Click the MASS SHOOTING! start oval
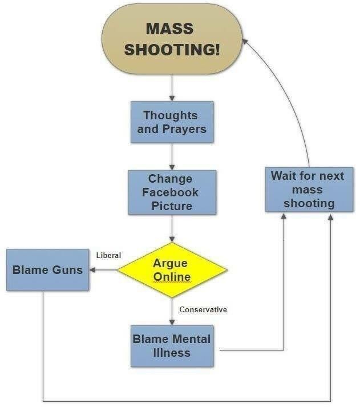tap(171, 39)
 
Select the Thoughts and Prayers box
tap(171, 122)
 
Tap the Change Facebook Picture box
tap(172, 192)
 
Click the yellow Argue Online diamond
tap(172, 270)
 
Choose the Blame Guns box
tap(48, 270)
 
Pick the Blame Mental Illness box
tap(172, 346)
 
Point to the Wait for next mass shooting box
tap(308, 189)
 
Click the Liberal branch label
tap(108, 255)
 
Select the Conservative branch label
tap(203, 310)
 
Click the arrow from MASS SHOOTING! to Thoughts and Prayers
tap(172, 88)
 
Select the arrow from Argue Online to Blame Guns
tap(103, 270)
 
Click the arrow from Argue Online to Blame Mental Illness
tap(172, 312)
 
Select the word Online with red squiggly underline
tap(172, 277)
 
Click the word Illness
tap(172, 353)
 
